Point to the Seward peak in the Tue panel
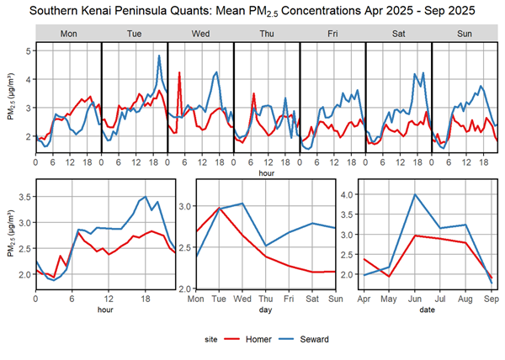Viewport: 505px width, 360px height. (x=159, y=56)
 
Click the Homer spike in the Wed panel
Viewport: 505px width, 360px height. (x=180, y=73)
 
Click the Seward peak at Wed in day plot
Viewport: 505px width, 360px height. (x=242, y=204)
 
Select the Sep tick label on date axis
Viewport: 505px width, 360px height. (x=492, y=298)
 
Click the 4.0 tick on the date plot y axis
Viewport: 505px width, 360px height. (x=344, y=194)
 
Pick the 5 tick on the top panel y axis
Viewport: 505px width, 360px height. (x=29, y=51)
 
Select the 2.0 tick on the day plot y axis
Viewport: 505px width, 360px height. (x=183, y=289)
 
